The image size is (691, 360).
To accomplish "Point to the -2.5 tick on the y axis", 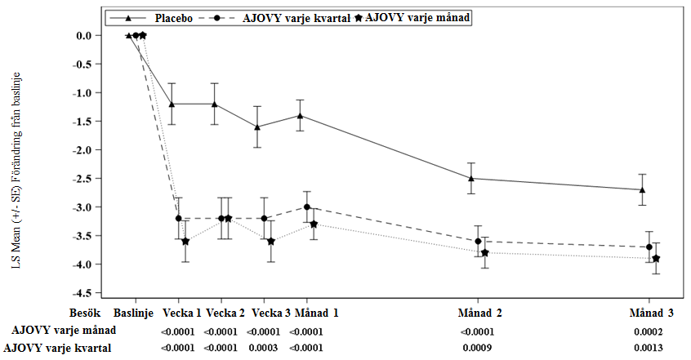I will coord(82,178).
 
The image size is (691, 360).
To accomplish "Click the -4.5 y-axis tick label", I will coord(82,292).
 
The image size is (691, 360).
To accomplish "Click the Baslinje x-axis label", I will coord(135,313).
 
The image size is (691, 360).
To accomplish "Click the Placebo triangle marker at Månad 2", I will coord(471,178).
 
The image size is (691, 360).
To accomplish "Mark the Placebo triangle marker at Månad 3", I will coord(643,189).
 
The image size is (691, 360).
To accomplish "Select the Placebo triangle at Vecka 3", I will coord(257,127).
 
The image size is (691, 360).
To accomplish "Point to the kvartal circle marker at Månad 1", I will coord(307,207).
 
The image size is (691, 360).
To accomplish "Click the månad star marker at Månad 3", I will coord(657,259).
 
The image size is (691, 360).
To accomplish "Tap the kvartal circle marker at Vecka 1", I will coord(178,218).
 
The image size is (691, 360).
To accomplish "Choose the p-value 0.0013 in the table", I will coord(648,349).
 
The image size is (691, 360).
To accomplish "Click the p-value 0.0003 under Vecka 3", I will coord(263,349).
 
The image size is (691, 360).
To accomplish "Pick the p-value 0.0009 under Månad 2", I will coord(477,349).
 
